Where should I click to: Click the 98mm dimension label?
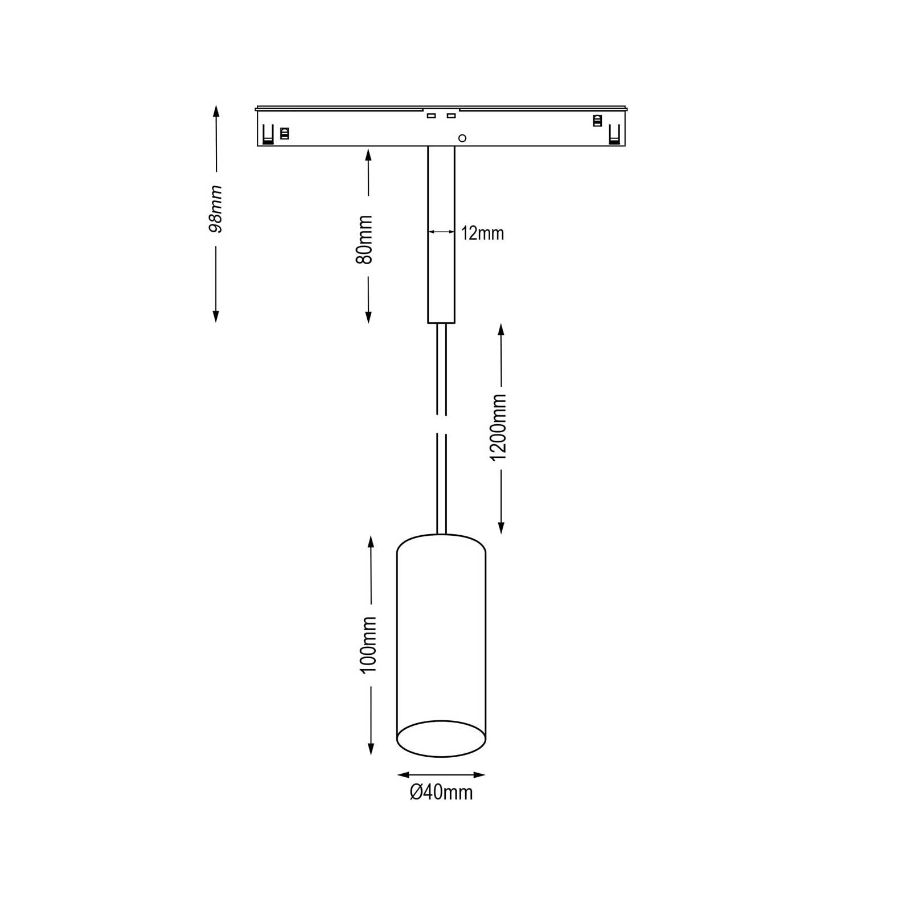(x=216, y=209)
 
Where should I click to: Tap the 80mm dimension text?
(x=364, y=240)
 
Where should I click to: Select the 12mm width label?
(x=482, y=233)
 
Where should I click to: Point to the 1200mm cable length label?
(x=498, y=427)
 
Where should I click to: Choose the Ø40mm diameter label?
(x=441, y=793)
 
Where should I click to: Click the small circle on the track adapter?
(x=462, y=138)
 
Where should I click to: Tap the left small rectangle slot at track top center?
(x=431, y=116)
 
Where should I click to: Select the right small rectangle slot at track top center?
(x=452, y=116)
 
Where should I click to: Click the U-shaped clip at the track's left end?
(x=268, y=135)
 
